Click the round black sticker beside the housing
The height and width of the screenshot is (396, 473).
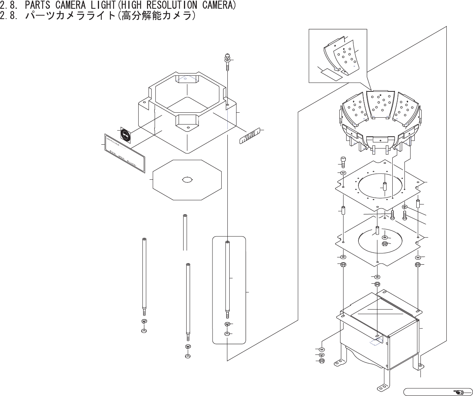pos(126,135)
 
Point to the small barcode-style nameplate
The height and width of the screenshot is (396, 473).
pos(249,136)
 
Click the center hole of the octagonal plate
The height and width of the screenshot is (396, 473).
pos(187,180)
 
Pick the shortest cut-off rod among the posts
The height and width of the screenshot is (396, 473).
pos(185,232)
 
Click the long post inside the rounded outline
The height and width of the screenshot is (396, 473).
pos(227,278)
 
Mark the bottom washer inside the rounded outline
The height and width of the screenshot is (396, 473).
pos(227,334)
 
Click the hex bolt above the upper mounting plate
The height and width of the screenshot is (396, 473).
pos(343,161)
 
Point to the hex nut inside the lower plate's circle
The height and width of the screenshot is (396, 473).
pos(385,244)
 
